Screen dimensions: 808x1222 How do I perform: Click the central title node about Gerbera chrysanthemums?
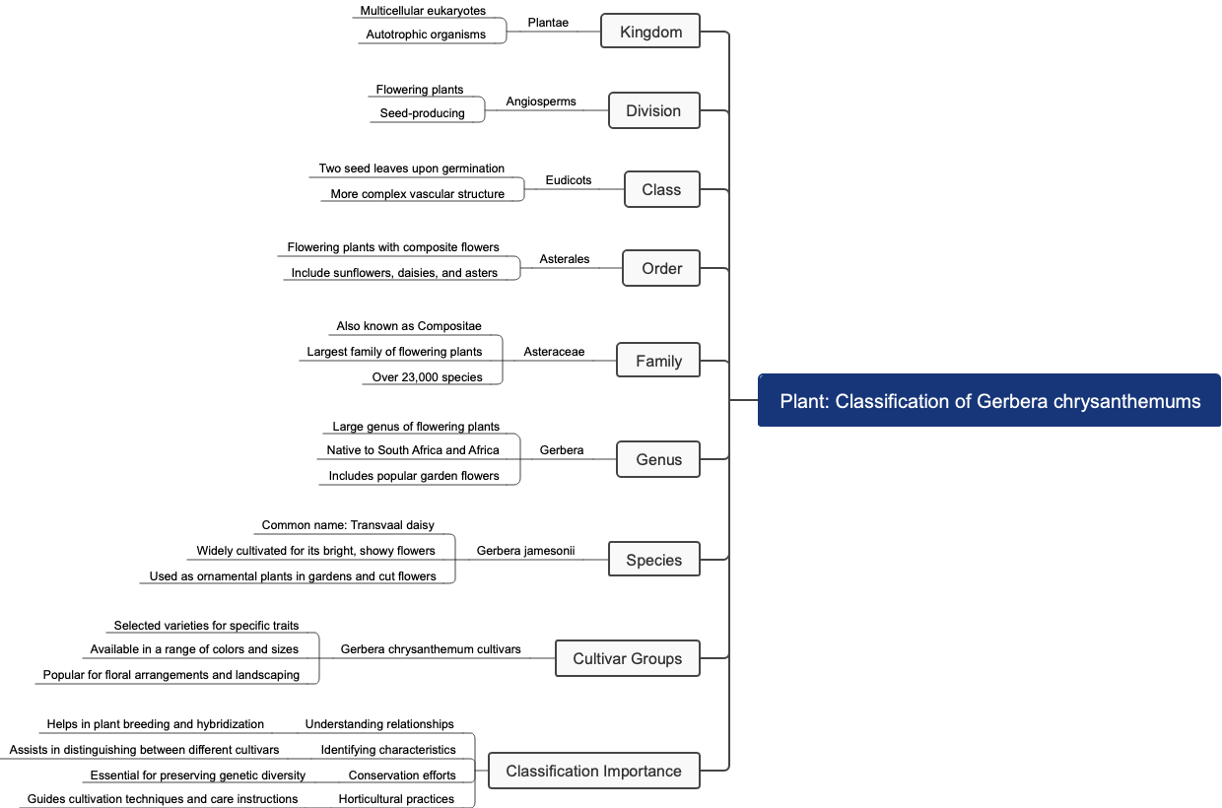[x=989, y=401]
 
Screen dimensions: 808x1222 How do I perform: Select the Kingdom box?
[x=650, y=32]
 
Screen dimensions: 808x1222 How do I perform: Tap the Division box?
[x=653, y=110]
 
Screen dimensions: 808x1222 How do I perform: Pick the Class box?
[x=661, y=189]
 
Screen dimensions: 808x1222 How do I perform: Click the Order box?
[x=661, y=268]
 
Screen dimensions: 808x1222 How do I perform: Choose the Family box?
[x=658, y=361]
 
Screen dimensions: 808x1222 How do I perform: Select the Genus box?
[x=658, y=459]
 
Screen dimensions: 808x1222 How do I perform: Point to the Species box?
[x=653, y=560]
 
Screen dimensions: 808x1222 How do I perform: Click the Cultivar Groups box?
[x=627, y=658]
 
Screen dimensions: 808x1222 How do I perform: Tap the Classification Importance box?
[x=593, y=771]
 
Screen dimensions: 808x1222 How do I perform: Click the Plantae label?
[x=548, y=23]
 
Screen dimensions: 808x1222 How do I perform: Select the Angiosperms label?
[x=541, y=101]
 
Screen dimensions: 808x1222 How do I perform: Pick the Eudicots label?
[x=569, y=180]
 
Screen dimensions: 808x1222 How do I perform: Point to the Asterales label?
[x=565, y=259]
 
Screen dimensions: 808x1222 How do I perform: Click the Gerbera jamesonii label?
[x=525, y=551]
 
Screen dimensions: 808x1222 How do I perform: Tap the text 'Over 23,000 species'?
[x=427, y=377]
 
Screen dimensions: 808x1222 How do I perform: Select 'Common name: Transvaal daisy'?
[x=348, y=525]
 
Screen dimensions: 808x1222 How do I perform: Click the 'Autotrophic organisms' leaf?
[x=426, y=34]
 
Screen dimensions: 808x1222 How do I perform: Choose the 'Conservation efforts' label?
[x=402, y=775]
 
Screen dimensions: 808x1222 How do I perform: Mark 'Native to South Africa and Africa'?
[x=413, y=450]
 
